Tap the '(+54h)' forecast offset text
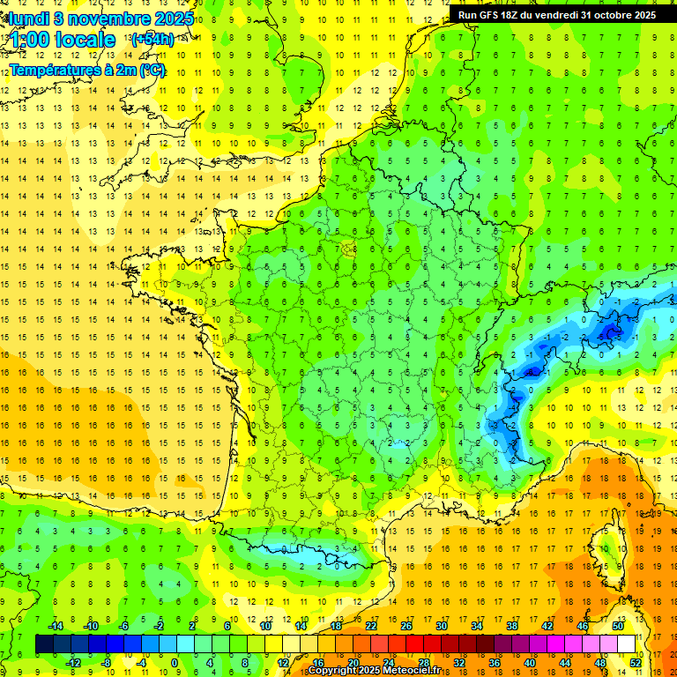pyautogui.click(x=153, y=40)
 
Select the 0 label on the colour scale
pyautogui.click(x=175, y=663)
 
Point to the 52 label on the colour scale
pyautogui.click(x=636, y=663)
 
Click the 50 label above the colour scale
pyautogui.click(x=617, y=626)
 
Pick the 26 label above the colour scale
pyautogui.click(x=406, y=626)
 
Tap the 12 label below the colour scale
pyautogui.click(x=283, y=663)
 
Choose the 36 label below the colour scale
pyautogui.click(x=495, y=663)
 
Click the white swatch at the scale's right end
pyautogui.click(x=626, y=644)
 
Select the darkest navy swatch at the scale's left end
pyautogui.click(x=44, y=644)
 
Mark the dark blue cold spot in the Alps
pyautogui.click(x=608, y=331)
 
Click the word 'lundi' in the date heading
pyautogui.click(x=26, y=18)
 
